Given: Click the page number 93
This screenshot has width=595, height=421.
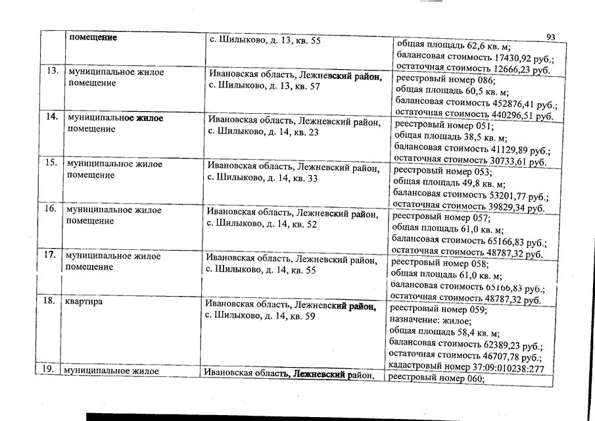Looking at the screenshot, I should tap(551, 37).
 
